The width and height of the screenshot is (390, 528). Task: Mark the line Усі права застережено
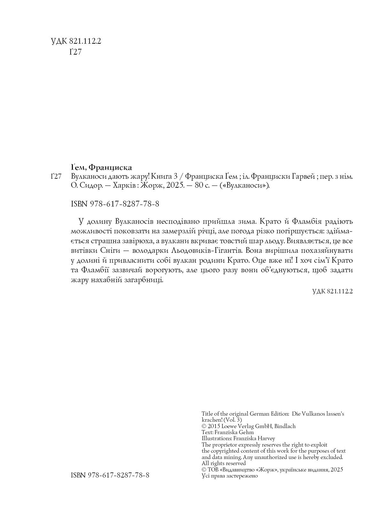coord(230,476)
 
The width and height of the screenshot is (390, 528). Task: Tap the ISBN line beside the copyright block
coord(110,475)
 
